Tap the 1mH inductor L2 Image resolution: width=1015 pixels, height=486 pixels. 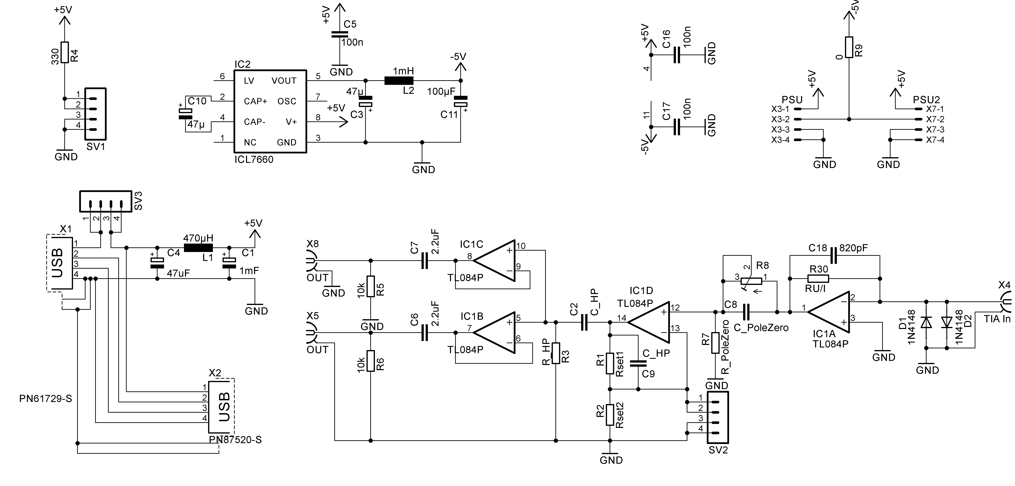click(x=399, y=81)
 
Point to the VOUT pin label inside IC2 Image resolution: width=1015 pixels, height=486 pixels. click(x=284, y=81)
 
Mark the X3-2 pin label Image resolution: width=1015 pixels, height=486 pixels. click(x=780, y=119)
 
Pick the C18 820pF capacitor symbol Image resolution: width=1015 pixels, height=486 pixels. click(x=833, y=255)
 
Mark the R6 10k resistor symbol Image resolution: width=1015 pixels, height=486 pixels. click(x=370, y=361)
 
